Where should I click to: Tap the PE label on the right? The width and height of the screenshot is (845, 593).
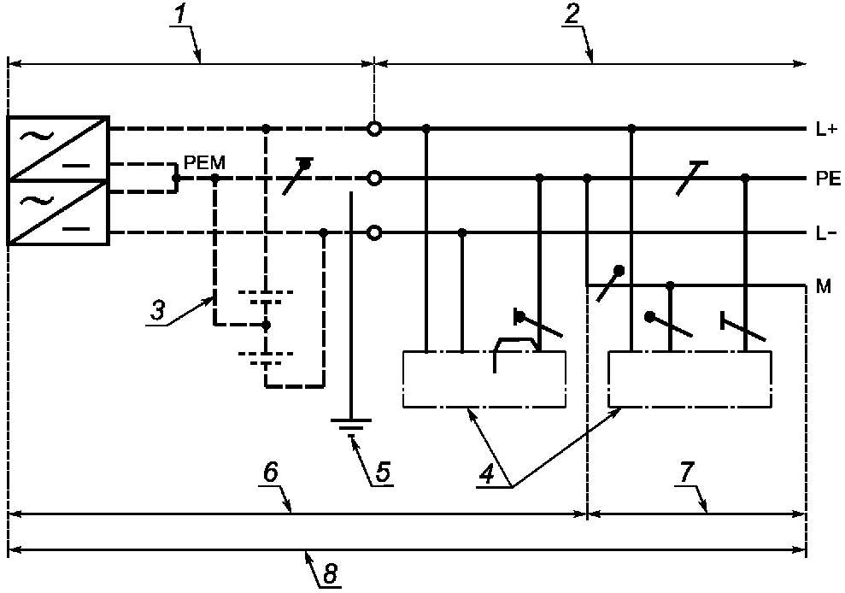828,179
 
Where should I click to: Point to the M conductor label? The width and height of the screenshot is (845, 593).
824,286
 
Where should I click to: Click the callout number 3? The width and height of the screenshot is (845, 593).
157,311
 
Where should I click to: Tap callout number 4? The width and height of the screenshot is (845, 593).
487,474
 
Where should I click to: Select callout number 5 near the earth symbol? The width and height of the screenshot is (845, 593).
382,473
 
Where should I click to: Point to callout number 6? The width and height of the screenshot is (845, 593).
271,473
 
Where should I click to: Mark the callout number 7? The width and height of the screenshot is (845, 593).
686,473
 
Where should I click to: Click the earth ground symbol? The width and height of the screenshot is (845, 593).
351,425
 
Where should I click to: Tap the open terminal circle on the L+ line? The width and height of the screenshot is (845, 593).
374,129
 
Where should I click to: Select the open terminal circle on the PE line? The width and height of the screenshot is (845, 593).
374,178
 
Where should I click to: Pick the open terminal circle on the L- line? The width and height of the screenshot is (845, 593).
374,233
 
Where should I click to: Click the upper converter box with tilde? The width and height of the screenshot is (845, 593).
58,149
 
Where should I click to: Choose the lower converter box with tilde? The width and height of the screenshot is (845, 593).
58,213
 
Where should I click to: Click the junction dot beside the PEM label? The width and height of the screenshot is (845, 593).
174,178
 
